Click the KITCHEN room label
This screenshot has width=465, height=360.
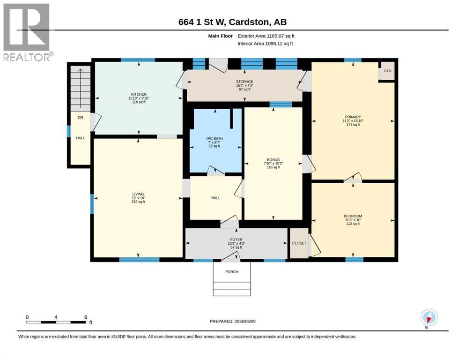139,94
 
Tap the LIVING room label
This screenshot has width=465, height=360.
138,194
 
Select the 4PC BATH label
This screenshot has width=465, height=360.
214,139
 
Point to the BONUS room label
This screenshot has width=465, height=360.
273,160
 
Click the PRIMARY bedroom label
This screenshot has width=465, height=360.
353,117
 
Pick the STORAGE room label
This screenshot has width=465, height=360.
244,82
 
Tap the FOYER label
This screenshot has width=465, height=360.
236,240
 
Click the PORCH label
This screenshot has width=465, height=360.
232,271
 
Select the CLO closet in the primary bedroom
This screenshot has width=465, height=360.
388,71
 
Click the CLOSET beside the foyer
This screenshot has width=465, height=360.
299,243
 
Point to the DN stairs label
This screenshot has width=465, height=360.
81,118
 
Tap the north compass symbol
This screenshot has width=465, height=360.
429,318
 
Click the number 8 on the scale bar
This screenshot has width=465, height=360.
86,317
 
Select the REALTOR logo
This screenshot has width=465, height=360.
28,32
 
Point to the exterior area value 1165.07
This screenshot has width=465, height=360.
275,36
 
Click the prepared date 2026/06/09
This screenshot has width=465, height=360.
245,322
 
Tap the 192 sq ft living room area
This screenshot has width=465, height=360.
138,202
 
